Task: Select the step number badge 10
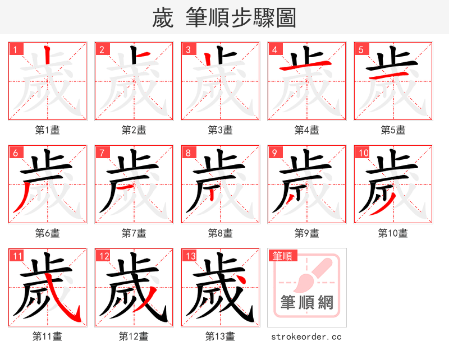(363, 153)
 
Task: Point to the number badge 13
(190, 256)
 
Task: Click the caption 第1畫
(48, 130)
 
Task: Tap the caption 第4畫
(307, 130)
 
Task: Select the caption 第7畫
(134, 233)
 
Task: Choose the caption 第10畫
(393, 233)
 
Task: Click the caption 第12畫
(134, 336)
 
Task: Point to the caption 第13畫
(220, 336)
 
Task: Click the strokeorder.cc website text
(306, 336)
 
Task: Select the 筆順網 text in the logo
(307, 303)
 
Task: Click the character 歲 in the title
(162, 18)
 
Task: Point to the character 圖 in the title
(286, 18)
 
